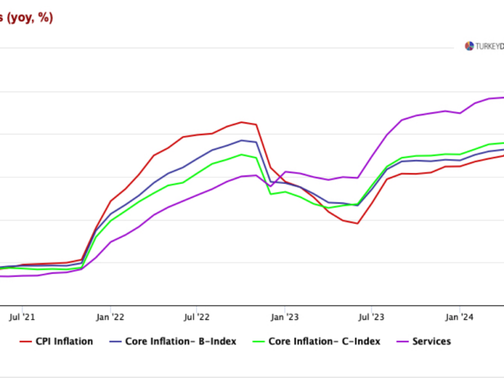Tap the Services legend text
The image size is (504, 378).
[432, 341]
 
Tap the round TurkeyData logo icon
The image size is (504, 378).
[469, 46]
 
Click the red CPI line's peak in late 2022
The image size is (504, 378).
[241, 122]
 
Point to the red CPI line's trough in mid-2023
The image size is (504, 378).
[357, 223]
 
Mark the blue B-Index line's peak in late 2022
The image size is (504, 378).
[241, 140]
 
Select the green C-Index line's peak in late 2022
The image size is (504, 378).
[241, 154]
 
